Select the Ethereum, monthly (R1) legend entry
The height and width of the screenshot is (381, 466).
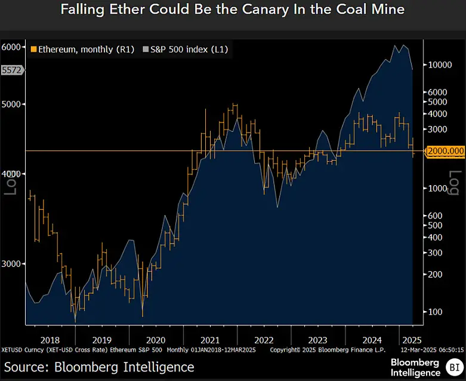click(x=81, y=50)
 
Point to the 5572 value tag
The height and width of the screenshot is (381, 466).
click(x=12, y=70)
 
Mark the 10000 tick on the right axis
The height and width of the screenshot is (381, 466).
click(x=440, y=64)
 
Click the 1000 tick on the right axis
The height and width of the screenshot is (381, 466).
click(x=438, y=188)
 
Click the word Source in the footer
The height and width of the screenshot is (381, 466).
click(x=25, y=365)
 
